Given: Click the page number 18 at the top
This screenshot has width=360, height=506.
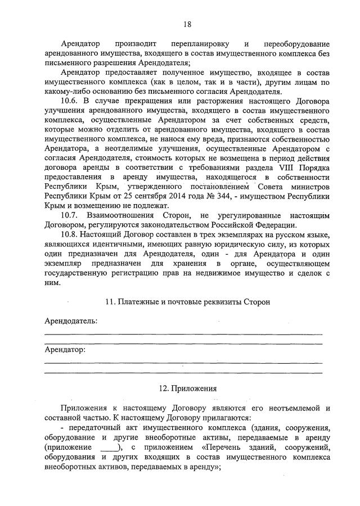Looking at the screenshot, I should click(187, 24).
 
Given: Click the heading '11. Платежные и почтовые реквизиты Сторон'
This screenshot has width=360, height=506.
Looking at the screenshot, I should click(187, 302).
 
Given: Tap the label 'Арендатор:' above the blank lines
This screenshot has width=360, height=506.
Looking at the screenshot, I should click(65, 350).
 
